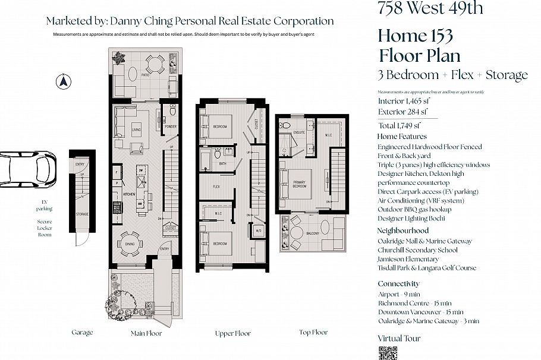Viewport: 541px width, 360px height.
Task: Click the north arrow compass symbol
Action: coord(62,81)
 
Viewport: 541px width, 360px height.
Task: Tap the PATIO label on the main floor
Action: coord(144,76)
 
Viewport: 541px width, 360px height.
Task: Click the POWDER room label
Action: coord(171,126)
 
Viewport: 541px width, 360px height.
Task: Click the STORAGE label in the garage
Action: coord(81,214)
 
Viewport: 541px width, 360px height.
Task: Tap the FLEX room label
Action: coord(218,186)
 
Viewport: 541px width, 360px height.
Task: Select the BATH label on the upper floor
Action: coord(222,163)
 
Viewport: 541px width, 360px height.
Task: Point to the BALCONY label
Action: coord(312,233)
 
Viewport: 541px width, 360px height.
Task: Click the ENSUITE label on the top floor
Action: coord(299,132)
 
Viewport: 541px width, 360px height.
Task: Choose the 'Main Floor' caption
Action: coord(146,333)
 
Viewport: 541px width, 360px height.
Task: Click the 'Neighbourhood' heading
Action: coord(402,230)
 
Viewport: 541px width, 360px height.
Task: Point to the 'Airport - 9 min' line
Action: coord(398,294)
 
